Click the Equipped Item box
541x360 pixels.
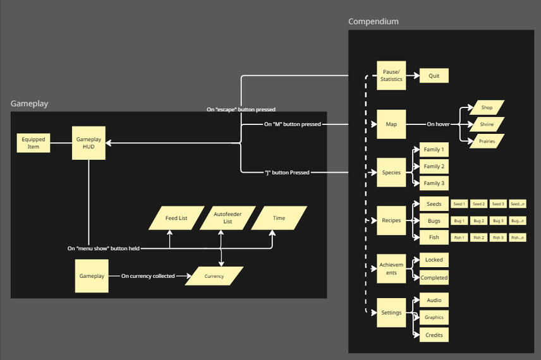click(33, 143)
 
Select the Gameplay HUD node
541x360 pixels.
click(88, 143)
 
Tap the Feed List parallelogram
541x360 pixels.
click(176, 218)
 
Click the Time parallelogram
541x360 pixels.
click(279, 218)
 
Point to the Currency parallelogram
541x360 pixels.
click(214, 276)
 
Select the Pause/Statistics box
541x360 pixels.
click(391, 76)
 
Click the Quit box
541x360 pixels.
click(434, 76)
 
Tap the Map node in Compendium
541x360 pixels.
click(391, 124)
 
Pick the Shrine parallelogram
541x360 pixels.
click(487, 124)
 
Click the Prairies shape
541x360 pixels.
click(487, 141)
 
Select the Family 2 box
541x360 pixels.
click(434, 167)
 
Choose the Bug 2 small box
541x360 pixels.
click(478, 221)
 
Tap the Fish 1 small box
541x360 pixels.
click(459, 237)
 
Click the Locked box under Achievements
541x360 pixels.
click(434, 260)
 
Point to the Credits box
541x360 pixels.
click(434, 335)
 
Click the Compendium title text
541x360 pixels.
click(374, 21)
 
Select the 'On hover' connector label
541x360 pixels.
click(438, 124)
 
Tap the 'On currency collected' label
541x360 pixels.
click(148, 276)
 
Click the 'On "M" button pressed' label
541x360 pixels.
click(292, 124)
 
